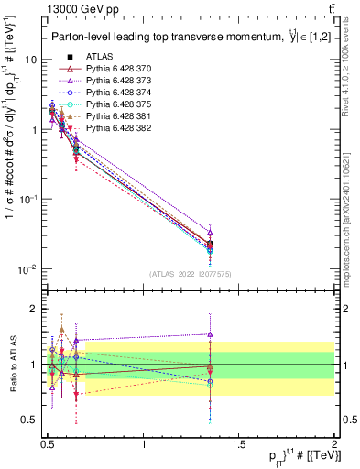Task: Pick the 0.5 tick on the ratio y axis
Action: (x=30, y=420)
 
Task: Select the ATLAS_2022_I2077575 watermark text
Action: (x=190, y=274)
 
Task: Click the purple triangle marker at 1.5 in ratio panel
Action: (x=211, y=334)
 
